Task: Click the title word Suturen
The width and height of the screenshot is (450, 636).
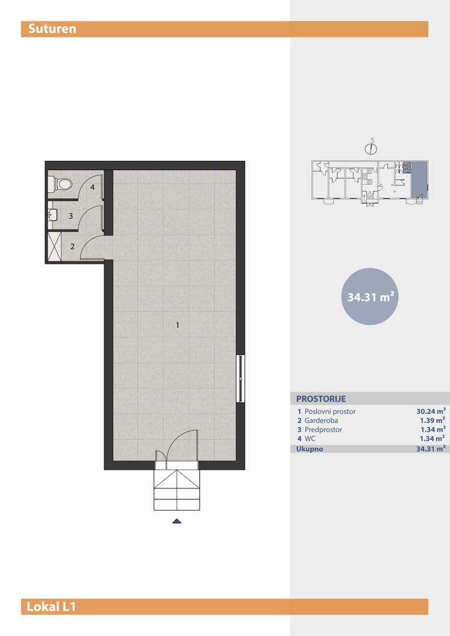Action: click(x=52, y=29)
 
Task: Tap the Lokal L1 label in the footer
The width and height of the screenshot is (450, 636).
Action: click(x=51, y=607)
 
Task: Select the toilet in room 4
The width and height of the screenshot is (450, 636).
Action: click(x=60, y=184)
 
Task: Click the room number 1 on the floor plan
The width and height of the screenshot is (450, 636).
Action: click(x=177, y=325)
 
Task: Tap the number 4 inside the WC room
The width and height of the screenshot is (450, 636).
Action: click(x=92, y=187)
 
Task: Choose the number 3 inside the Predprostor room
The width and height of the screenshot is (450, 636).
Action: click(x=71, y=216)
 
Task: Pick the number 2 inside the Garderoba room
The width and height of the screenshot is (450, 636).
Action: click(x=72, y=246)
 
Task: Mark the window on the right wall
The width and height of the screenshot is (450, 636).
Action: click(x=241, y=379)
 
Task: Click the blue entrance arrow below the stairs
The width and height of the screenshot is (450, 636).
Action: click(x=177, y=521)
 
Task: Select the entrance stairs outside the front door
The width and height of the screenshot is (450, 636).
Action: click(x=177, y=490)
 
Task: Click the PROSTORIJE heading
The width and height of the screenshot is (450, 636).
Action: click(x=321, y=399)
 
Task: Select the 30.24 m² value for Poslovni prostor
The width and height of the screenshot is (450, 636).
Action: click(x=431, y=411)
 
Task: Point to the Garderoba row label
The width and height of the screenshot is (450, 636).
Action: click(x=321, y=420)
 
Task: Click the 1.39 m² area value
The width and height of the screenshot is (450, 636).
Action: click(x=433, y=420)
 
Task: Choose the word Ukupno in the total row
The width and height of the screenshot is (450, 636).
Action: click(x=310, y=449)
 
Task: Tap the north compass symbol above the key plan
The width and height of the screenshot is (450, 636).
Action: click(x=370, y=148)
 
